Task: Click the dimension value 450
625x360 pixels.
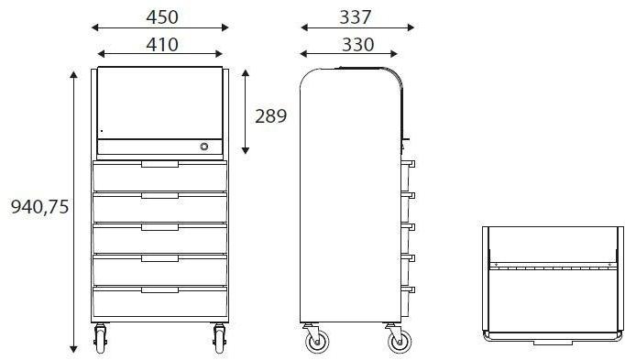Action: tap(160, 16)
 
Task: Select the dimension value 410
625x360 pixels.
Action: tap(160, 43)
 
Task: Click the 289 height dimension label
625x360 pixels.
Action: tap(271, 116)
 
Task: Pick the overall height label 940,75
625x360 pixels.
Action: tap(39, 207)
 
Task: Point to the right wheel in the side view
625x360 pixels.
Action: tap(399, 342)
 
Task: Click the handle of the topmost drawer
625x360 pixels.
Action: tap(160, 165)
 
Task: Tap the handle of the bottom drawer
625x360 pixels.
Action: tap(160, 289)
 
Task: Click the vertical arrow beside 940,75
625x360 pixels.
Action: tap(74, 211)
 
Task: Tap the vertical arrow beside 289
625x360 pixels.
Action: tap(245, 110)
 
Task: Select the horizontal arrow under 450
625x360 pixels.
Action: tap(160, 28)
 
